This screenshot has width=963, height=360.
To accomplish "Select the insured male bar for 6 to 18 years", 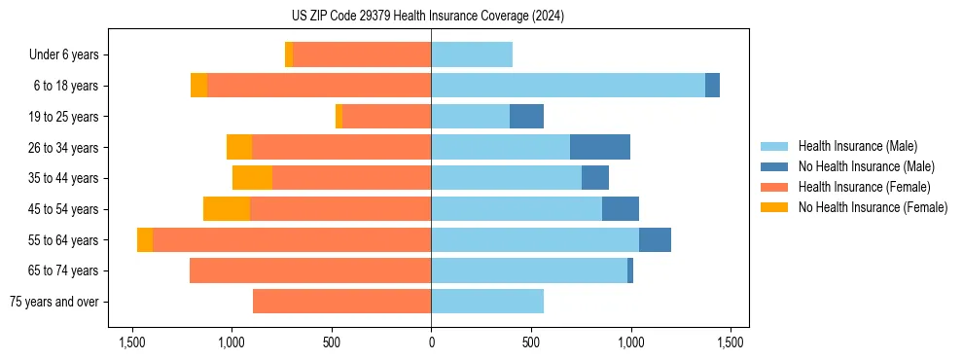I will pos(568,86).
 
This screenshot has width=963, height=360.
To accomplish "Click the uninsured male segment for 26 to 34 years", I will pos(600,147).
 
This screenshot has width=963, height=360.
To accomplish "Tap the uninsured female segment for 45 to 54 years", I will pos(227,208).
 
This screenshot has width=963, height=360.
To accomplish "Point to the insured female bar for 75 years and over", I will pos(341,302).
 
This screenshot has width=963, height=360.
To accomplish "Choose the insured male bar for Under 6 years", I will pos(472,54).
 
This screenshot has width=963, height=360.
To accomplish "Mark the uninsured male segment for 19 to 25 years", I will pos(526,117).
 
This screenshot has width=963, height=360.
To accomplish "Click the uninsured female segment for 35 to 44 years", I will pos(252,178).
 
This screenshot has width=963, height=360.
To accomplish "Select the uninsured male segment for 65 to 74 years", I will pos(630,270).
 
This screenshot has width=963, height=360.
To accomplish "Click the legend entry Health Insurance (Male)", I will pos(857,146).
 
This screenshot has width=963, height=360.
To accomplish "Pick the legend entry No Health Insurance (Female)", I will pos(873,207).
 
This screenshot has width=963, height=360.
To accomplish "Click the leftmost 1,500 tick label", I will pos(131,342).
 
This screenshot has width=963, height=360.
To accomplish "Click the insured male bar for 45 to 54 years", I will pos(517,208).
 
